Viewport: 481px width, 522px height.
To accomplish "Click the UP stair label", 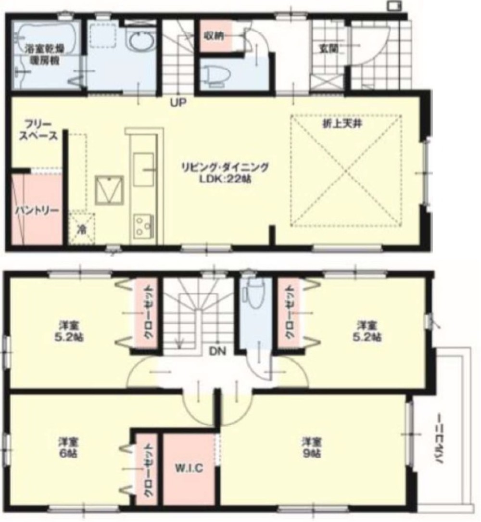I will pos(178,102).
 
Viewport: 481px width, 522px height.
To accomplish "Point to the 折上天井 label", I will pos(342,124).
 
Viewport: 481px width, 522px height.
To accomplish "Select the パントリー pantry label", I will pos(36,211).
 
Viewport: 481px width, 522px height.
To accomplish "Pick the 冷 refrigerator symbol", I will pos(82,229).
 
